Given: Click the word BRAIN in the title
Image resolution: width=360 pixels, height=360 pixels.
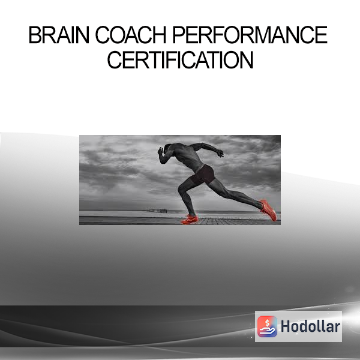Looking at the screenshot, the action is pyautogui.click(x=59, y=35).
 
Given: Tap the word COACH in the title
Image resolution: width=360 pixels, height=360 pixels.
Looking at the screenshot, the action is pyautogui.click(x=131, y=35).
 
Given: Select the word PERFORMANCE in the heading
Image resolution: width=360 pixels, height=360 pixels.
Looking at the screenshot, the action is pyautogui.click(x=250, y=35).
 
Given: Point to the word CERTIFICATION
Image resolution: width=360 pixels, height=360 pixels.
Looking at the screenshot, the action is pyautogui.click(x=180, y=59).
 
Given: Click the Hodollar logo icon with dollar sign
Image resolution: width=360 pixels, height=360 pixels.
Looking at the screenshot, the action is pyautogui.click(x=267, y=326).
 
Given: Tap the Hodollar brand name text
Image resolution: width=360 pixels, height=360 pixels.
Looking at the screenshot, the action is pyautogui.click(x=310, y=326).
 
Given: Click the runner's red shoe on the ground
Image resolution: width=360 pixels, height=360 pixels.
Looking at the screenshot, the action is pyautogui.click(x=190, y=220).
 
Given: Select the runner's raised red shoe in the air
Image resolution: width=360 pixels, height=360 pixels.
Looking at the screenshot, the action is pyautogui.click(x=268, y=210).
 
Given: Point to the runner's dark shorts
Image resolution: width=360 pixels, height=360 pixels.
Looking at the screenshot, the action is pyautogui.click(x=203, y=175).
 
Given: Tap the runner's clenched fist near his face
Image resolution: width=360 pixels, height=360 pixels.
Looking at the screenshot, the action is pyautogui.click(x=160, y=151).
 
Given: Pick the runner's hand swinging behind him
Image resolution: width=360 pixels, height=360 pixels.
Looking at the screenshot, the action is pyautogui.click(x=220, y=153).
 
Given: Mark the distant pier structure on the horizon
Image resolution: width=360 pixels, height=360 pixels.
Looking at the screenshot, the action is pyautogui.click(x=157, y=211).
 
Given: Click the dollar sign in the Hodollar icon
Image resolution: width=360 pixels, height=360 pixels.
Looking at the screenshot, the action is pyautogui.click(x=267, y=323).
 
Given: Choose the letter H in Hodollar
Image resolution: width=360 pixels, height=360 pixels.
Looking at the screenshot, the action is pyautogui.click(x=286, y=326).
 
